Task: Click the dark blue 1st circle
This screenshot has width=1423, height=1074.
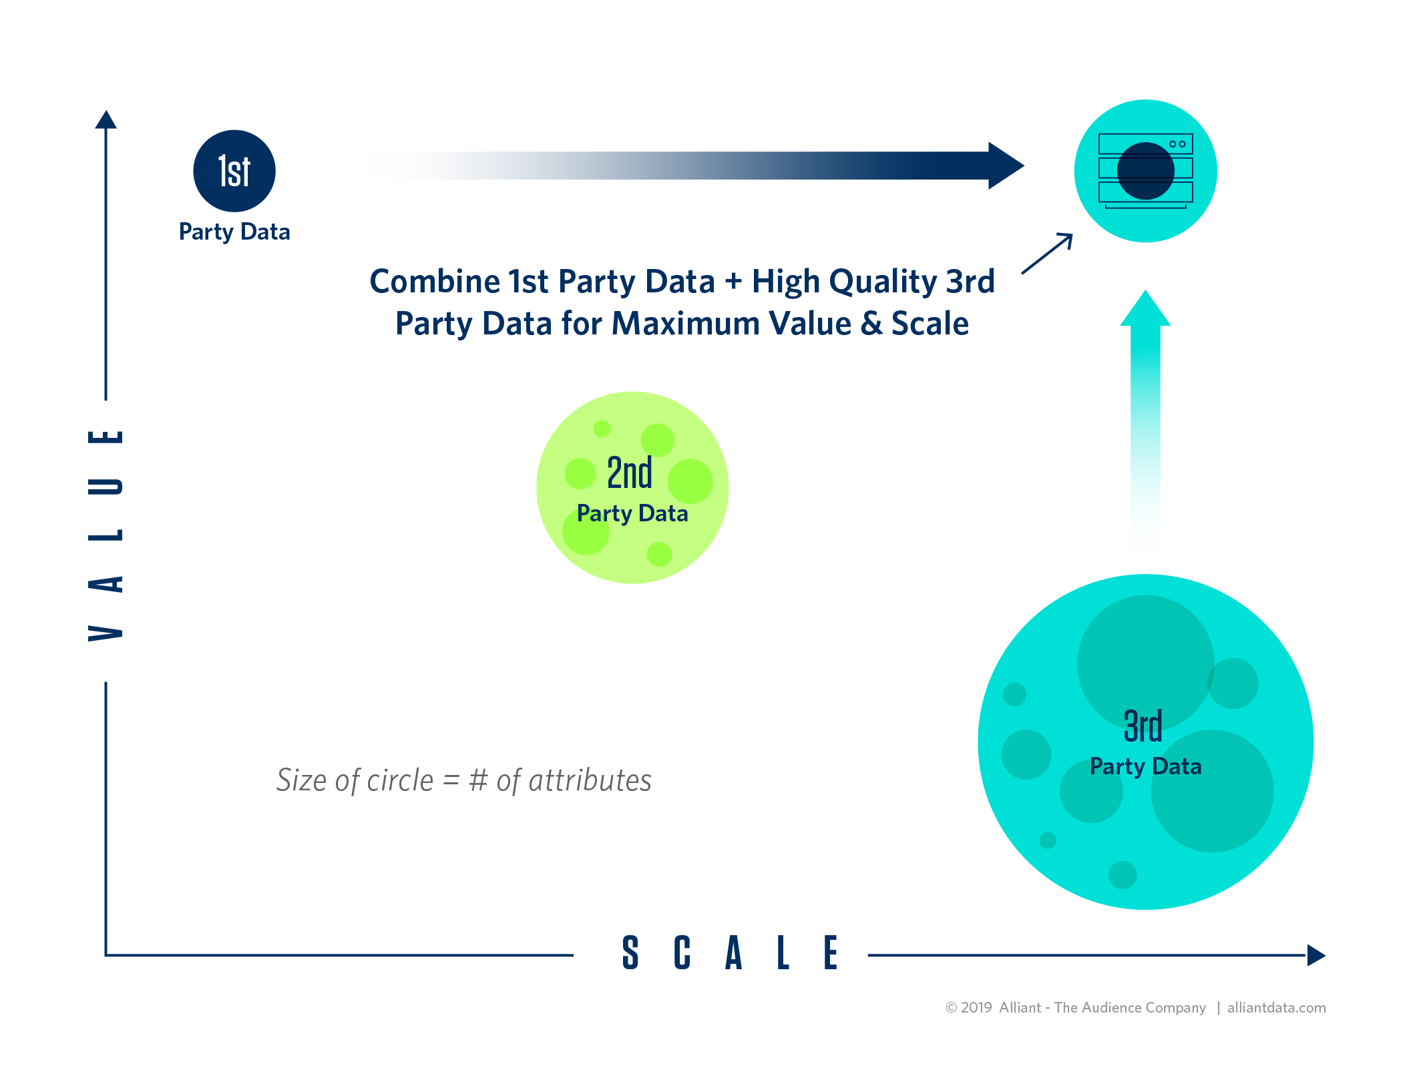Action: coord(234,171)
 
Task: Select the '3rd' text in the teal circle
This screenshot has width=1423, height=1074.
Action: coord(1143,726)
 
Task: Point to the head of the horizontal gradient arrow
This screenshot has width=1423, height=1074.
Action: coord(1005,166)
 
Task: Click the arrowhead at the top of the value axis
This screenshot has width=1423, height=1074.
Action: coord(106,120)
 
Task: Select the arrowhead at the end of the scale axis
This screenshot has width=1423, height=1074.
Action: coord(1315,955)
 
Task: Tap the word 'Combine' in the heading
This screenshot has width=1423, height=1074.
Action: coord(435,282)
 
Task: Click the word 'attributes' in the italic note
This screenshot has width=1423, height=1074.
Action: coord(590,780)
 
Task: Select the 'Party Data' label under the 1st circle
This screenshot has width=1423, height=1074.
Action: coord(234,232)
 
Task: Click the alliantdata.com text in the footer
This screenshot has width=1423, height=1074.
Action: coord(1276,1007)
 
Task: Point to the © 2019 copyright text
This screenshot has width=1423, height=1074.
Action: coord(968,1007)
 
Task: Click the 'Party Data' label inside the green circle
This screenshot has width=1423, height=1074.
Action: coord(632,513)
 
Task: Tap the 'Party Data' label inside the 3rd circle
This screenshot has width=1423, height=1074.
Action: coord(1145,766)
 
